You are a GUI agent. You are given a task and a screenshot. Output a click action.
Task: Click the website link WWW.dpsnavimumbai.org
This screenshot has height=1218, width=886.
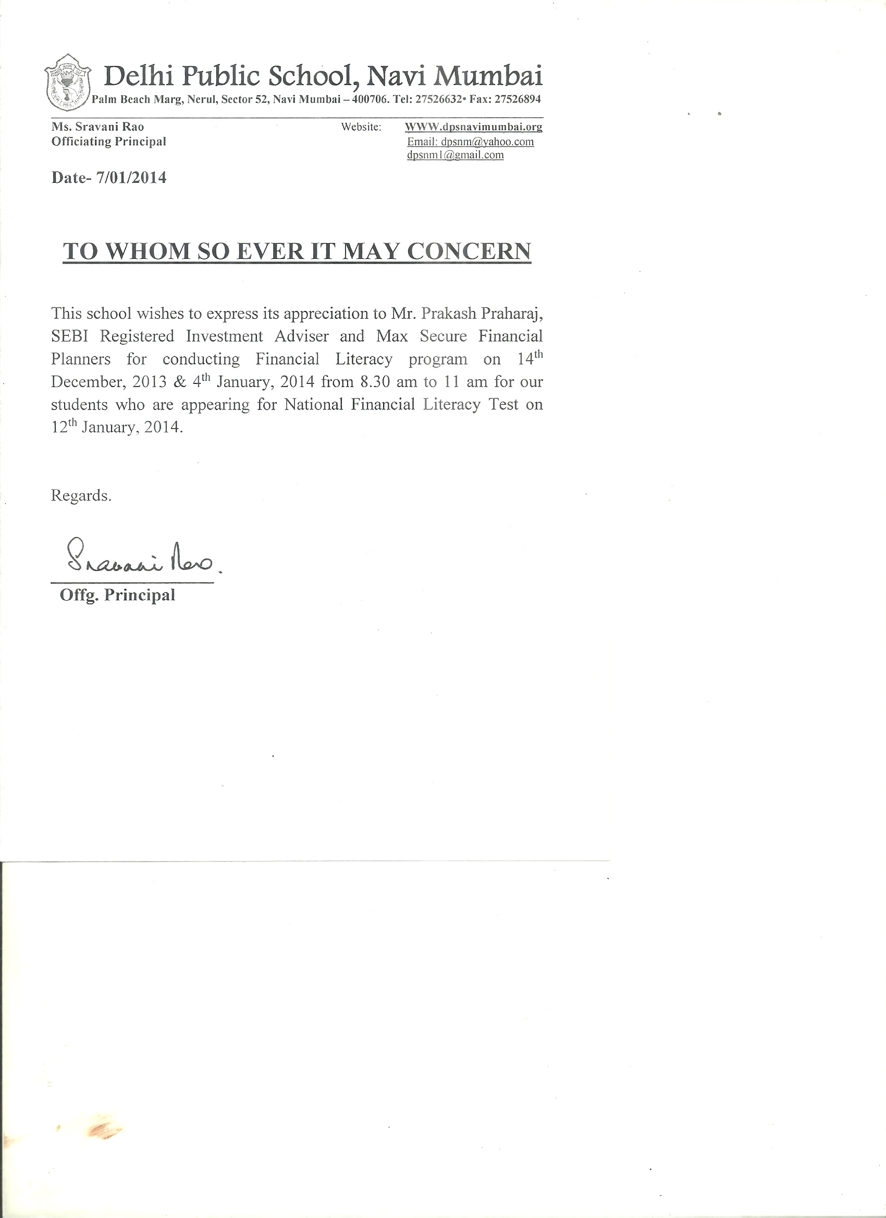pyautogui.click(x=473, y=127)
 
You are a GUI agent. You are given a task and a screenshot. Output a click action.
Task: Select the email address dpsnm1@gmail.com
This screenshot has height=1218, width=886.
pyautogui.click(x=455, y=155)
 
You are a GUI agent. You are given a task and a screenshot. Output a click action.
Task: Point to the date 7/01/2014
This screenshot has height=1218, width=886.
pyautogui.click(x=131, y=178)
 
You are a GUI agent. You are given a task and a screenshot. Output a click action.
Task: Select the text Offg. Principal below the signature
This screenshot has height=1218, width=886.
pyautogui.click(x=118, y=595)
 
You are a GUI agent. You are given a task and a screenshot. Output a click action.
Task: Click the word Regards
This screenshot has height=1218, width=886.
pyautogui.click(x=81, y=495)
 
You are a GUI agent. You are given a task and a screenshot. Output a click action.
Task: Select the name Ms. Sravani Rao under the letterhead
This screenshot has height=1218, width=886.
pyautogui.click(x=98, y=127)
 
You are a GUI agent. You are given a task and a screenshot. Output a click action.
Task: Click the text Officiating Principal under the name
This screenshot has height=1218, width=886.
pyautogui.click(x=108, y=141)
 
